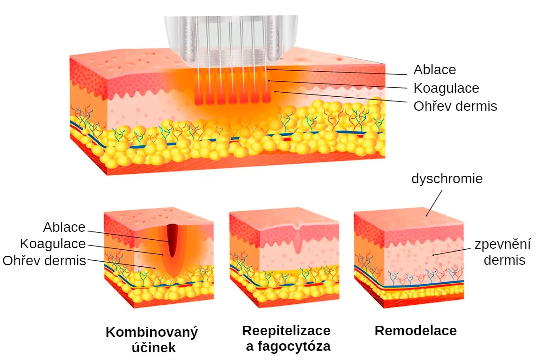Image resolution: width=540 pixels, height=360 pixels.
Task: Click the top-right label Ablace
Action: (x=435, y=70)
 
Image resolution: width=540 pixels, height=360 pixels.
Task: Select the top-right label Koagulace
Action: (x=446, y=88)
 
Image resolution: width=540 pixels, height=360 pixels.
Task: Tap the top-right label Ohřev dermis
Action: (x=455, y=106)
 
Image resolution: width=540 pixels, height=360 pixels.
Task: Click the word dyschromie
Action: (x=447, y=179)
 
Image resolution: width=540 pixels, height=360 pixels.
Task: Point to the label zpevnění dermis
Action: (x=503, y=252)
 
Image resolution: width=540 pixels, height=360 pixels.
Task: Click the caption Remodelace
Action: (x=415, y=330)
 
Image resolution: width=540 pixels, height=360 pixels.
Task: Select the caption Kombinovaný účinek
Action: (x=152, y=339)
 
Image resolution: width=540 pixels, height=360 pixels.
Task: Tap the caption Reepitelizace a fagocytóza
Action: (x=287, y=338)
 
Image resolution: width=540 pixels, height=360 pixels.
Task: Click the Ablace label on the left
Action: (x=64, y=227)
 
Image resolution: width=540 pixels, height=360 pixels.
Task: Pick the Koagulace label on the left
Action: (x=53, y=244)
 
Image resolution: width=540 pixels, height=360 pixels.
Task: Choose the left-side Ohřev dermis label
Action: (x=44, y=261)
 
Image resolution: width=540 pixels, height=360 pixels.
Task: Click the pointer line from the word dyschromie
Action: (x=434, y=203)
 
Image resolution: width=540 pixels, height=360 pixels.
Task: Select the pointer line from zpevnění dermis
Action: (x=451, y=252)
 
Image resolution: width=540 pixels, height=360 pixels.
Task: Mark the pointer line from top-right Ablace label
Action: (x=336, y=72)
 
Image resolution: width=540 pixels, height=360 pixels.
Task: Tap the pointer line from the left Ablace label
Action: (x=129, y=236)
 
